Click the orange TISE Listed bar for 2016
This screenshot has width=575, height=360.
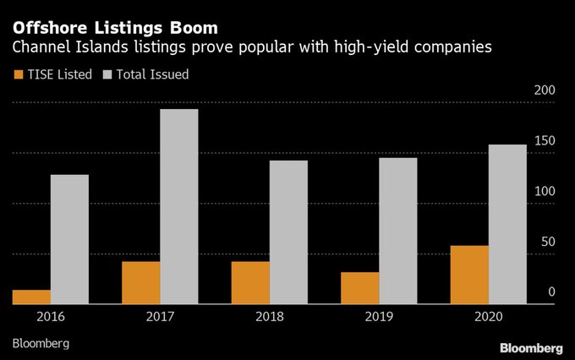click(x=31, y=297)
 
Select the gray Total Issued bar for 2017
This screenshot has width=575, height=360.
click(x=178, y=206)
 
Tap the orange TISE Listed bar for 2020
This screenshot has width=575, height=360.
click(x=469, y=275)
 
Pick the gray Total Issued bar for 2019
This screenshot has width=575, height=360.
click(x=397, y=231)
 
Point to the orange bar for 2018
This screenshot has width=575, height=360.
click(x=251, y=282)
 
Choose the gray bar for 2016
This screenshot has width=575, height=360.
click(x=69, y=239)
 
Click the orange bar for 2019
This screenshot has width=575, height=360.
click(x=360, y=287)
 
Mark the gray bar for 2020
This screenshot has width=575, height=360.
click(x=507, y=224)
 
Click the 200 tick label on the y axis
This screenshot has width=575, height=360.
click(x=545, y=90)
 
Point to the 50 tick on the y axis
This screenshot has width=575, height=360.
click(x=549, y=243)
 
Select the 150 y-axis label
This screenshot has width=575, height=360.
click(x=545, y=141)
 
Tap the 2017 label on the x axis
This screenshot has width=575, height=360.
click(x=160, y=317)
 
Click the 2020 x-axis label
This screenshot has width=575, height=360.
click(x=488, y=317)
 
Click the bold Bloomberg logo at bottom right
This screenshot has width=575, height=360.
click(x=530, y=347)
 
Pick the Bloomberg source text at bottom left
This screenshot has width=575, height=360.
click(x=41, y=344)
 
